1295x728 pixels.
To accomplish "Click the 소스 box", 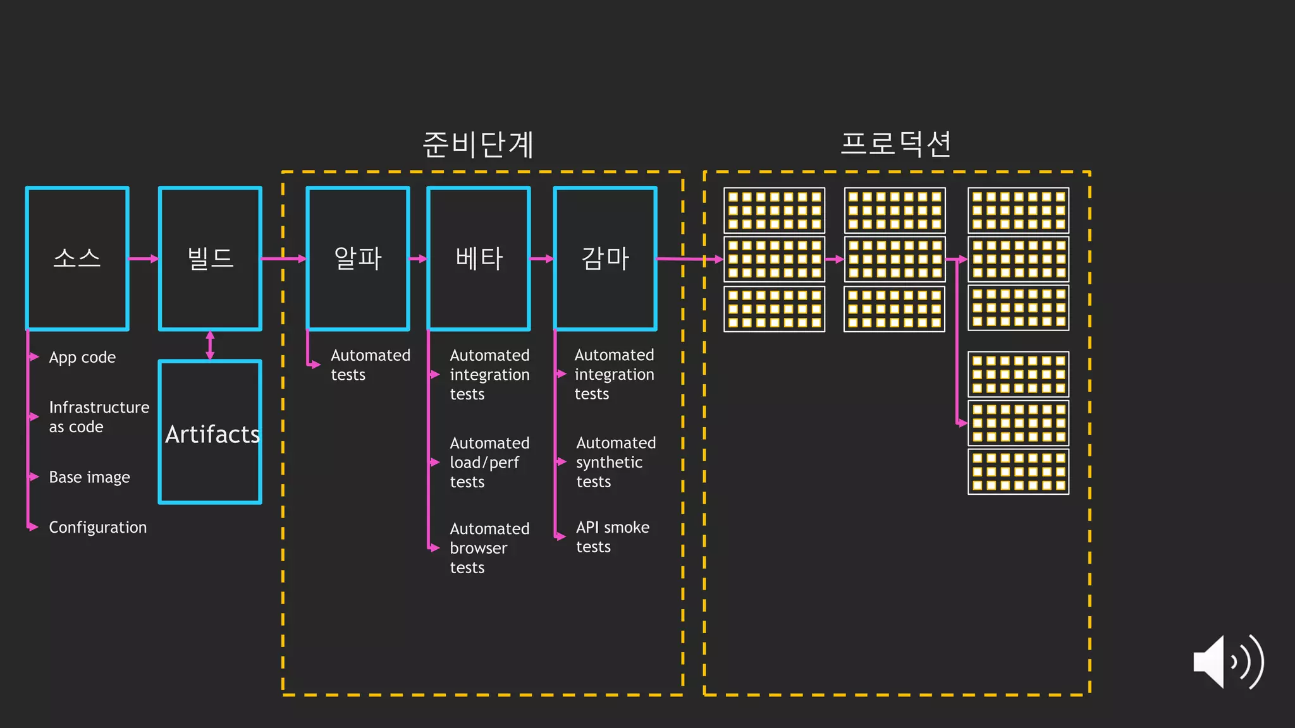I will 77,258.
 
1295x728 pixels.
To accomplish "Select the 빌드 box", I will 210,258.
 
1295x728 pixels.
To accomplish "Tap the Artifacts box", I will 210,432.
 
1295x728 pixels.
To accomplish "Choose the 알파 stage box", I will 358,258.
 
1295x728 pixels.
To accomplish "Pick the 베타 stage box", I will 479,258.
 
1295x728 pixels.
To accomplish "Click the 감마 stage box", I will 605,258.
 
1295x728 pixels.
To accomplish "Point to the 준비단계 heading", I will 479,144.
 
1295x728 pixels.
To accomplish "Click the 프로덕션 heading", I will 896,144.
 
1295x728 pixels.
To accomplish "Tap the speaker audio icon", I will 1227,662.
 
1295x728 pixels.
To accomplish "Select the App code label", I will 82,358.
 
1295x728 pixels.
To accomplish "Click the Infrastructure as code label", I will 99,417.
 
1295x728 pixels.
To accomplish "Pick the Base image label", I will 89,477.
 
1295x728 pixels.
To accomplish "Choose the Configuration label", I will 97,527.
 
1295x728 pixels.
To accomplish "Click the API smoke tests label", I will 612,537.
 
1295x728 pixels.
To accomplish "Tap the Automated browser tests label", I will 489,547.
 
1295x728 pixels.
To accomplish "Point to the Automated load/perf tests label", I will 489,462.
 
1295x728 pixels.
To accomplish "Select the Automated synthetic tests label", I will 615,462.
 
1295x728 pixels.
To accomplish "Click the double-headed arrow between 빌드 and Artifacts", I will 210,345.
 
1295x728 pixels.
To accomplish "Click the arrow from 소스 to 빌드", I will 144,258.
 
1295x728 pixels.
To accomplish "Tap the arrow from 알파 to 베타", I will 418,258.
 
